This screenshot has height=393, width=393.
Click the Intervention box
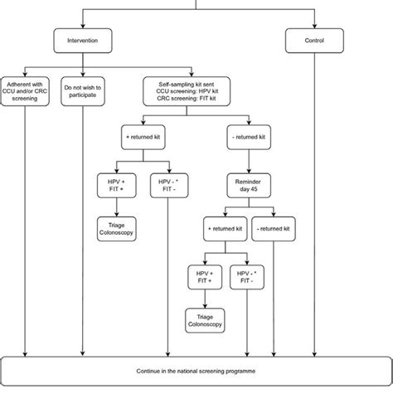pyautogui.click(x=81, y=40)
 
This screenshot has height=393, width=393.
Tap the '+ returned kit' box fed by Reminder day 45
pyautogui.click(x=226, y=226)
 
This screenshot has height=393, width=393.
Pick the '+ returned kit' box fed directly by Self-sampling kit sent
pyautogui.click(x=142, y=135)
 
